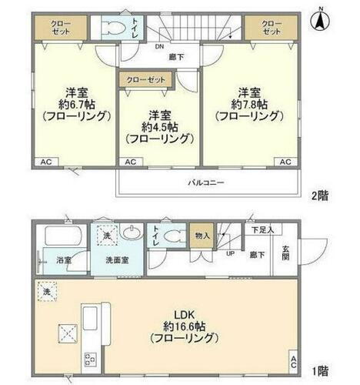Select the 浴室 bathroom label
[43, 260]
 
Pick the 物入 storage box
[201, 236]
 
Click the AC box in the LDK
[292, 360]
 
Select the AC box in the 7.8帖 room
[285, 162]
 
